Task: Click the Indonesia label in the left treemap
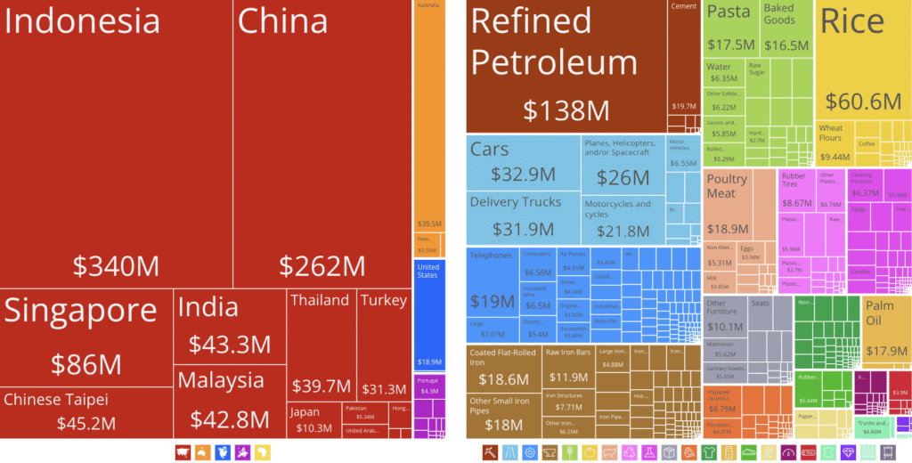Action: [82, 21]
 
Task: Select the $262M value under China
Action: [322, 265]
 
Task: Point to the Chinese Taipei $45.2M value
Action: [87, 421]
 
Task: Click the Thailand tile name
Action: [320, 300]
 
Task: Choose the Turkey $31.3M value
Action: [384, 388]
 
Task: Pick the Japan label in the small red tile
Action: [305, 411]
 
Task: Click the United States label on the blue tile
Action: [428, 272]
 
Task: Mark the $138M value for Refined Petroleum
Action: [566, 110]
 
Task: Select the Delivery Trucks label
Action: [516, 202]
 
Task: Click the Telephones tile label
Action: [491, 256]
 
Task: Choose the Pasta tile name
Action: [729, 12]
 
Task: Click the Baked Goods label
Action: [779, 14]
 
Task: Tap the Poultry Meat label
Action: [727, 186]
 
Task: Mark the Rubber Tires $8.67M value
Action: [796, 203]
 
